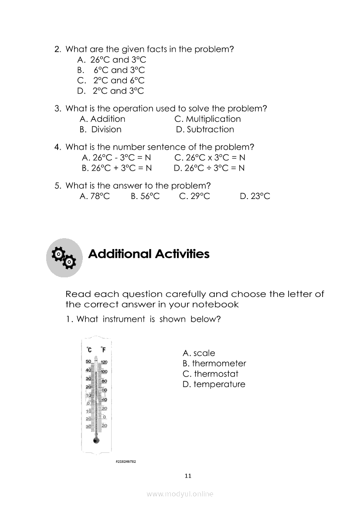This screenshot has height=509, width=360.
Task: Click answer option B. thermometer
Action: click(x=214, y=364)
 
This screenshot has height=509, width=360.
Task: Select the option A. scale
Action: click(x=199, y=353)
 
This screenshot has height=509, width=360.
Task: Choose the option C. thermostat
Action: click(x=211, y=374)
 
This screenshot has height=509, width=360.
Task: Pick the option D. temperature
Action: click(x=214, y=384)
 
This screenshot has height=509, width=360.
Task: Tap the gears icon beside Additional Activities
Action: click(x=64, y=258)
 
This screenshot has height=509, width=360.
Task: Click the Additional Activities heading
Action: click(x=149, y=254)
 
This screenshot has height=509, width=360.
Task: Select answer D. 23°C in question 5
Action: click(x=255, y=196)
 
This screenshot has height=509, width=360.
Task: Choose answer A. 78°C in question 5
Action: click(x=95, y=196)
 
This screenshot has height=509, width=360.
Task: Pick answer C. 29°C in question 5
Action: click(x=194, y=196)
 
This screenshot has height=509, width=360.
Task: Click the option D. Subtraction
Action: click(x=205, y=129)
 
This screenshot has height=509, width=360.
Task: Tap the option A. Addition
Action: click(x=102, y=119)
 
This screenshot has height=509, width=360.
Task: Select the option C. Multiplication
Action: click(x=207, y=119)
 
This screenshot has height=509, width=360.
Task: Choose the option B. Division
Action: click(x=101, y=129)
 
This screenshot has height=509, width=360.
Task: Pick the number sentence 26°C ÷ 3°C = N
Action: click(x=209, y=168)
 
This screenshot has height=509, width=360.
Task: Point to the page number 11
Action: click(x=188, y=476)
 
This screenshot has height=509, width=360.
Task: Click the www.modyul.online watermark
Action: click(x=180, y=494)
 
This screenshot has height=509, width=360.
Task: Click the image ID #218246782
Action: click(x=126, y=461)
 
